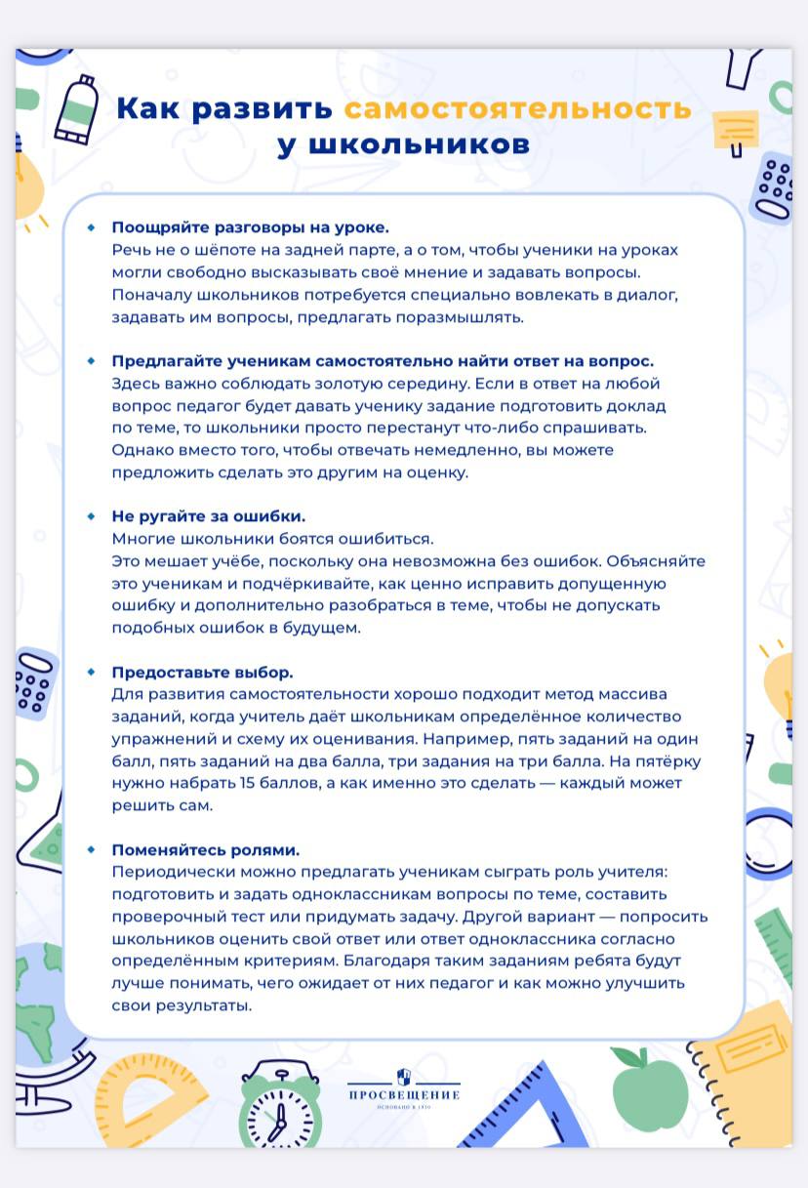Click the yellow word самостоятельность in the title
pyautogui.click(x=518, y=107)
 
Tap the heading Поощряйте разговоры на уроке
pyautogui.click(x=250, y=227)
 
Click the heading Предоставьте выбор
pyautogui.click(x=202, y=673)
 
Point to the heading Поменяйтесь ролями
pyautogui.click(x=205, y=849)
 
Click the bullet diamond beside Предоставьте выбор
pyautogui.click(x=92, y=672)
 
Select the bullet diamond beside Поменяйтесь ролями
pyautogui.click(x=92, y=848)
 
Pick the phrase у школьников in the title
pyautogui.click(x=403, y=144)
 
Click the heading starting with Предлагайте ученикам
pyautogui.click(x=383, y=360)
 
